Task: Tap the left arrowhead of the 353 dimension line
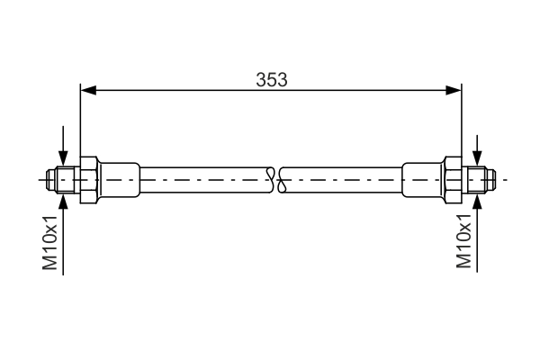[x=87, y=89]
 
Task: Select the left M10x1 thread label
[x=51, y=243]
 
